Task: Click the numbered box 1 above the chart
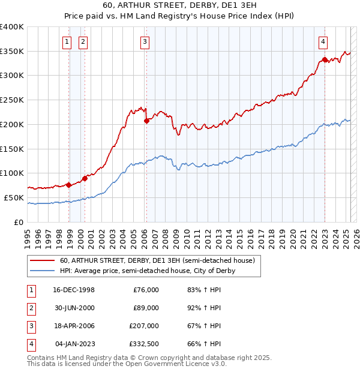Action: click(67, 41)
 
